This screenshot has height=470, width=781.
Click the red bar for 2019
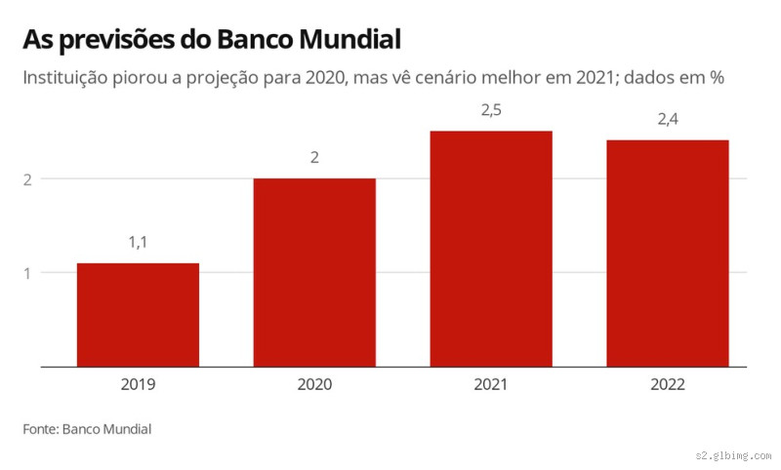pyautogui.click(x=138, y=315)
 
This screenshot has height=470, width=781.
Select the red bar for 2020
pyautogui.click(x=314, y=272)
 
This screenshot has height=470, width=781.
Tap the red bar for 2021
pyautogui.click(x=491, y=249)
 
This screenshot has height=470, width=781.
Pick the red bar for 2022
pyautogui.click(x=668, y=254)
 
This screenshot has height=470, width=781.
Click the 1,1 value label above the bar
pyautogui.click(x=138, y=241)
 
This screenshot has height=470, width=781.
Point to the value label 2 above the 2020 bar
pyautogui.click(x=314, y=156)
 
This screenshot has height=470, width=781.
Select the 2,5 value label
pyautogui.click(x=491, y=109)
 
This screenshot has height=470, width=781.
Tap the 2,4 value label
pyautogui.click(x=668, y=119)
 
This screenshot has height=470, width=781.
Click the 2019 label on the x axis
pyautogui.click(x=138, y=384)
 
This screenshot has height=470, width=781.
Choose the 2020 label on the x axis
pyautogui.click(x=314, y=384)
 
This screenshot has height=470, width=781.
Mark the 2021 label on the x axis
pyautogui.click(x=491, y=384)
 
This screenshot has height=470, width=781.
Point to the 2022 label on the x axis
pyautogui.click(x=668, y=384)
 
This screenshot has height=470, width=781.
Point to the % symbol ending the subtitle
pyautogui.click(x=716, y=78)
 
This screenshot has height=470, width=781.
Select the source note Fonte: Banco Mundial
pyautogui.click(x=87, y=429)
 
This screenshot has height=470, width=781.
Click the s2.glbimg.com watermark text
pyautogui.click(x=733, y=455)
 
